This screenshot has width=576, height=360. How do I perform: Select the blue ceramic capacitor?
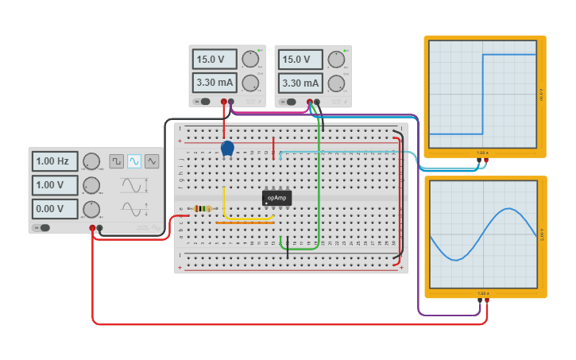tap(227, 148)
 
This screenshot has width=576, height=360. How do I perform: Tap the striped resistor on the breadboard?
tap(203, 209)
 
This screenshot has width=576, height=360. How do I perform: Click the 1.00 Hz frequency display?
tap(55, 161)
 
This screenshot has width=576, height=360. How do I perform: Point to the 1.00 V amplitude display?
tap(55, 185)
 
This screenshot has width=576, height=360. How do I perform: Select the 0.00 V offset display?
tap(55, 209)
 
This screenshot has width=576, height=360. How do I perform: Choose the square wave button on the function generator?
tap(117, 161)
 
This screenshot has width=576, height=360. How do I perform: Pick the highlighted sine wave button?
tap(134, 161)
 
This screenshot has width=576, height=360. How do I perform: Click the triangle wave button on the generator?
tap(152, 161)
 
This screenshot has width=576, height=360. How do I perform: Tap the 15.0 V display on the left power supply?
tap(215, 59)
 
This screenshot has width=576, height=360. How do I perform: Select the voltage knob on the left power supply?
tap(250, 59)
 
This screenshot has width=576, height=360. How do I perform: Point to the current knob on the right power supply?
tap(337, 83)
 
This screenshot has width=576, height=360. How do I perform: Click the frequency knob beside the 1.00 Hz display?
tap(91, 161)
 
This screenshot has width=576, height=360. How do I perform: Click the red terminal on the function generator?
tap(93, 228)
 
